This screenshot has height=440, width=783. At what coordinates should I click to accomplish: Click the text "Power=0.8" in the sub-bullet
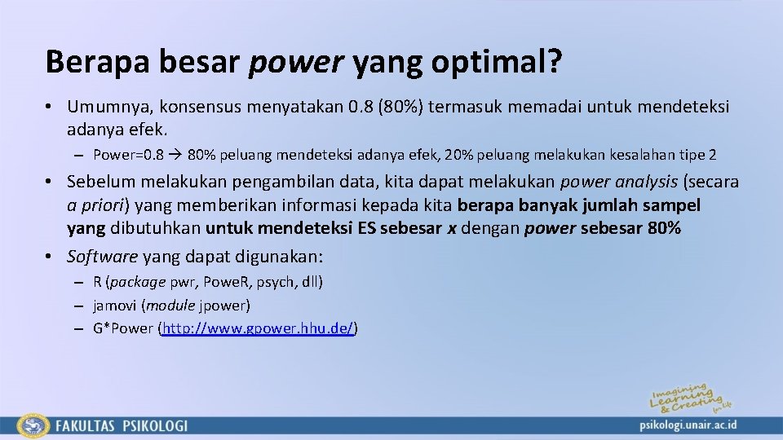[x=128, y=154]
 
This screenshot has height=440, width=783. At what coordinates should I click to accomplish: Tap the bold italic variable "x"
[x=452, y=228]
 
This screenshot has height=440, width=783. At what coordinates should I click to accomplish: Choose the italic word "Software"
[x=103, y=257]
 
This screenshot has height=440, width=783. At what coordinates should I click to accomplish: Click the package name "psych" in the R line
[x=272, y=282]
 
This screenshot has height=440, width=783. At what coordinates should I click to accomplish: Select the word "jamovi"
[x=116, y=306]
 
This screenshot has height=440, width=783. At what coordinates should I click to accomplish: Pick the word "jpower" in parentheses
[x=224, y=306]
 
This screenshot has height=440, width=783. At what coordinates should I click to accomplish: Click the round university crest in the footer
[x=33, y=425]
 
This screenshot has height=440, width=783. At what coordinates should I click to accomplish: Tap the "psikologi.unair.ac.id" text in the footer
[x=688, y=425]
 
